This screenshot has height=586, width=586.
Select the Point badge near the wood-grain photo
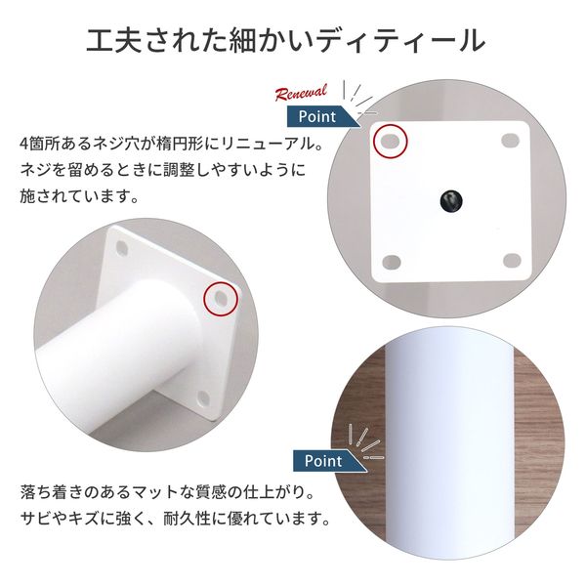(x=322, y=460)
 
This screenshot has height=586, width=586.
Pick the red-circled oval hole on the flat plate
(x=391, y=143)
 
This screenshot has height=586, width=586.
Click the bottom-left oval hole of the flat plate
(x=391, y=261)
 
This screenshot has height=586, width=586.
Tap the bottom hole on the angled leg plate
(x=203, y=398)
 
